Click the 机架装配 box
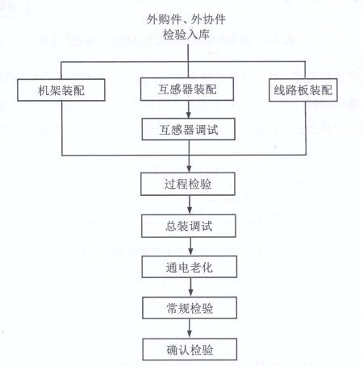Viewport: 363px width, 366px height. pos(61,90)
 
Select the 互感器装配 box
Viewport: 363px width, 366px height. pos(187,89)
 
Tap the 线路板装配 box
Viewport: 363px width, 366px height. pos(303,90)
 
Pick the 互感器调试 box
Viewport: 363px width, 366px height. pos(189,129)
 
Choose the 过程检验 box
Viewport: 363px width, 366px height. pos(188,184)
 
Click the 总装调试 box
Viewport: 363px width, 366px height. pos(189,226)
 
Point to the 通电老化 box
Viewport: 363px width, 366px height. pos(190,267)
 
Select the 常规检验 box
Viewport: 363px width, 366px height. pos(190,308)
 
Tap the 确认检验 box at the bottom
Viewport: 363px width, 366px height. pos(190,349)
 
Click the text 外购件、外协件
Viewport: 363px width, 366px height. pos(186,19)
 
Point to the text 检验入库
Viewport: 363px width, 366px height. pos(186,35)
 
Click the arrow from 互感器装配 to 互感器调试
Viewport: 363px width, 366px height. pos(189,110)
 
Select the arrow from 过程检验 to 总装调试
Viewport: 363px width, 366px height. pos(190,205)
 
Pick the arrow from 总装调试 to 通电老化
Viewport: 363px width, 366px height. pos(190,247)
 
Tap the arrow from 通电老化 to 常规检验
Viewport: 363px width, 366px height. pos(190,287)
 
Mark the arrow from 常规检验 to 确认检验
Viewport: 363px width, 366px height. pos(190,329)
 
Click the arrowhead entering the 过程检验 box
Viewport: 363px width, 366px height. pos(189,169)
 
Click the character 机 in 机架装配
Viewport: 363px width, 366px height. pos(44,90)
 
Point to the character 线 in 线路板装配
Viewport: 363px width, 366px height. pos(280,90)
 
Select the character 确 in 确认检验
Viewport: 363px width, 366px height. pos(173,350)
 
